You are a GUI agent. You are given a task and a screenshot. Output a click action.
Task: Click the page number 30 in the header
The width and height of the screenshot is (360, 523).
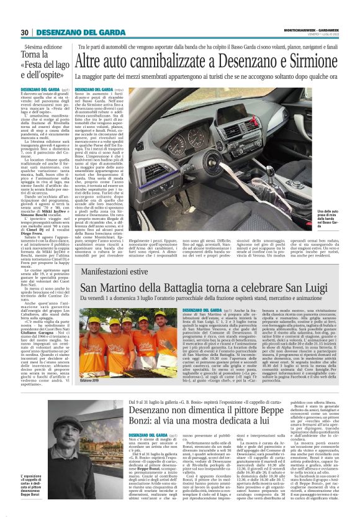click(x=24, y=32)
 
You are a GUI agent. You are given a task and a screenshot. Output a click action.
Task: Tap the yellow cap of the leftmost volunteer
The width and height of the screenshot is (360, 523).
click(x=91, y=316)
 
